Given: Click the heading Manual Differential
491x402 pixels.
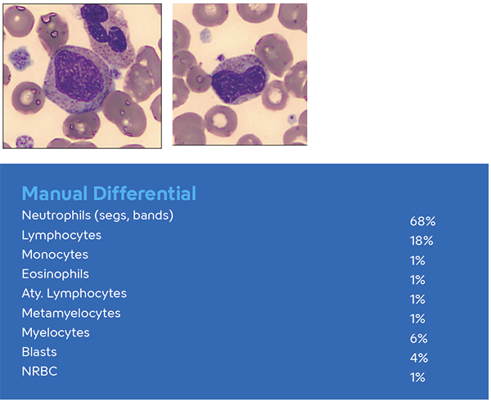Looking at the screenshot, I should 109,194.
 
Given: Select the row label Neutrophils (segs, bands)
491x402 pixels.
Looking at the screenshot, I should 98,215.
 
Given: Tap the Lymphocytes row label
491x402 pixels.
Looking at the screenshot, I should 61,235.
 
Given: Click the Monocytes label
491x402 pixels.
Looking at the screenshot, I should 55,255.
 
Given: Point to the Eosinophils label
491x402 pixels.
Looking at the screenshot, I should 56,274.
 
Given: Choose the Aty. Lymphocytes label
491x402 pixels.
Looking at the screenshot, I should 74,293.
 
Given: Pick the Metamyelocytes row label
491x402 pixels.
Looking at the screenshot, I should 71,313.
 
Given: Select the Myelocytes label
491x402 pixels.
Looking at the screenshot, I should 56,332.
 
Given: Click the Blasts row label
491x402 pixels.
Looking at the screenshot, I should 38,352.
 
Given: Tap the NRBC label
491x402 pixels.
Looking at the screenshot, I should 38,372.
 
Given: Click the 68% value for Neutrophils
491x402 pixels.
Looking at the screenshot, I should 421,221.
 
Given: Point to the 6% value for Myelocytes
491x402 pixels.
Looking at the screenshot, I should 418,339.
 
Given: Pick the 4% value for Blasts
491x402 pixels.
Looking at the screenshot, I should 418,358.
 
